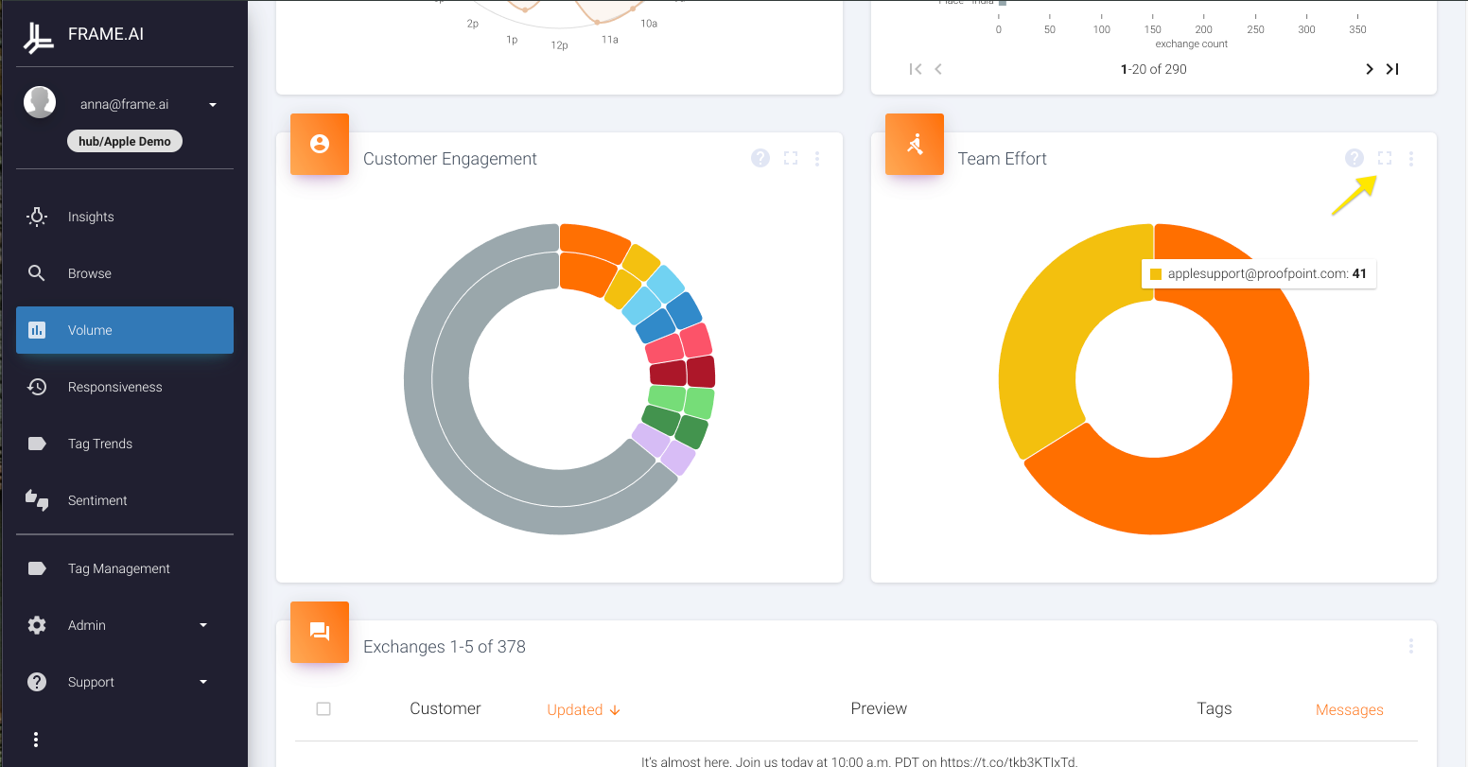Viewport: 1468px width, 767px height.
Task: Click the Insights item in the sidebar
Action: click(91, 217)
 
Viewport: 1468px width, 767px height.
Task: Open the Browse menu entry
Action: click(89, 273)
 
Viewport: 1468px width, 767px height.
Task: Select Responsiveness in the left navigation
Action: click(114, 387)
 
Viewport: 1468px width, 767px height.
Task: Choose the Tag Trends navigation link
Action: click(99, 444)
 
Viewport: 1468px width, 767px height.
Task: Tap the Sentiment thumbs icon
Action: click(37, 500)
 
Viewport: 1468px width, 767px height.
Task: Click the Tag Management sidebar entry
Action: click(118, 568)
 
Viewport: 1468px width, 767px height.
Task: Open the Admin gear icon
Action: click(37, 625)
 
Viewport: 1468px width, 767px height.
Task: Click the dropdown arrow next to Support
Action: click(203, 682)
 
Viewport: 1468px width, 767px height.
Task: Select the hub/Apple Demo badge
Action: click(125, 142)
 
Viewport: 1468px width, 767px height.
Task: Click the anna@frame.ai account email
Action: click(124, 104)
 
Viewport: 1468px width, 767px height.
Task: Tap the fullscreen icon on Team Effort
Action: click(1385, 159)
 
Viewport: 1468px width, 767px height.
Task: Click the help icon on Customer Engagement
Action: click(760, 159)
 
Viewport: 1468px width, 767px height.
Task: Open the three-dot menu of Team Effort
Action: click(1411, 159)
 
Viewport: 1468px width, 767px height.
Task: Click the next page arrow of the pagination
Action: click(1369, 69)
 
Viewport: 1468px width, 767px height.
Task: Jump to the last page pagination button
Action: click(1392, 69)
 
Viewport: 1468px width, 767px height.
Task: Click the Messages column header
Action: click(1349, 709)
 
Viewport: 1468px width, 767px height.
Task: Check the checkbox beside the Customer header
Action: click(323, 709)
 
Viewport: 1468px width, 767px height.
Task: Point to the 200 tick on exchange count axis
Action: click(1203, 29)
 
